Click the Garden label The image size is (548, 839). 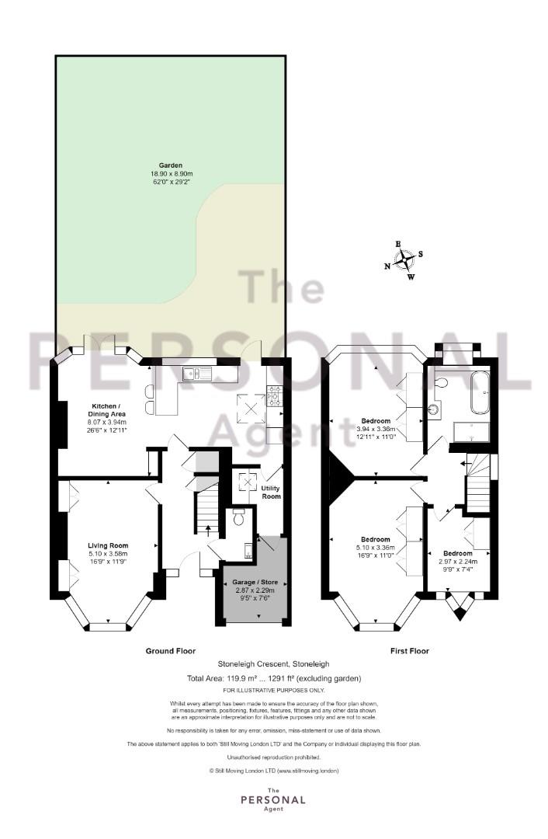click(x=171, y=165)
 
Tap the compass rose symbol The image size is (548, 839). click(x=406, y=260)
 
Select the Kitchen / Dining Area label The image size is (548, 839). click(x=106, y=410)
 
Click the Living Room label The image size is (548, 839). click(x=108, y=546)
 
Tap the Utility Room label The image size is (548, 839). click(x=271, y=493)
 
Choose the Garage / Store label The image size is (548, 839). click(x=255, y=582)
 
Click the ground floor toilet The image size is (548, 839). click(x=238, y=517)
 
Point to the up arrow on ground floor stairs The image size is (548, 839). click(x=208, y=529)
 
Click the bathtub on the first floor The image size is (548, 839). click(x=480, y=393)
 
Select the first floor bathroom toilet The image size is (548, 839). click(x=440, y=382)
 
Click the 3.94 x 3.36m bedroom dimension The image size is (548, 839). click(x=376, y=429)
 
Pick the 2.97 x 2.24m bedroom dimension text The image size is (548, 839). click(x=458, y=562)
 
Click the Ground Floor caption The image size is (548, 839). click(x=171, y=651)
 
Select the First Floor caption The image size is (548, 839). click(x=410, y=651)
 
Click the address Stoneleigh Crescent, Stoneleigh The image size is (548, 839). click(x=274, y=664)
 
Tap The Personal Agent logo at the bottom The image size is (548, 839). click(x=273, y=799)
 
